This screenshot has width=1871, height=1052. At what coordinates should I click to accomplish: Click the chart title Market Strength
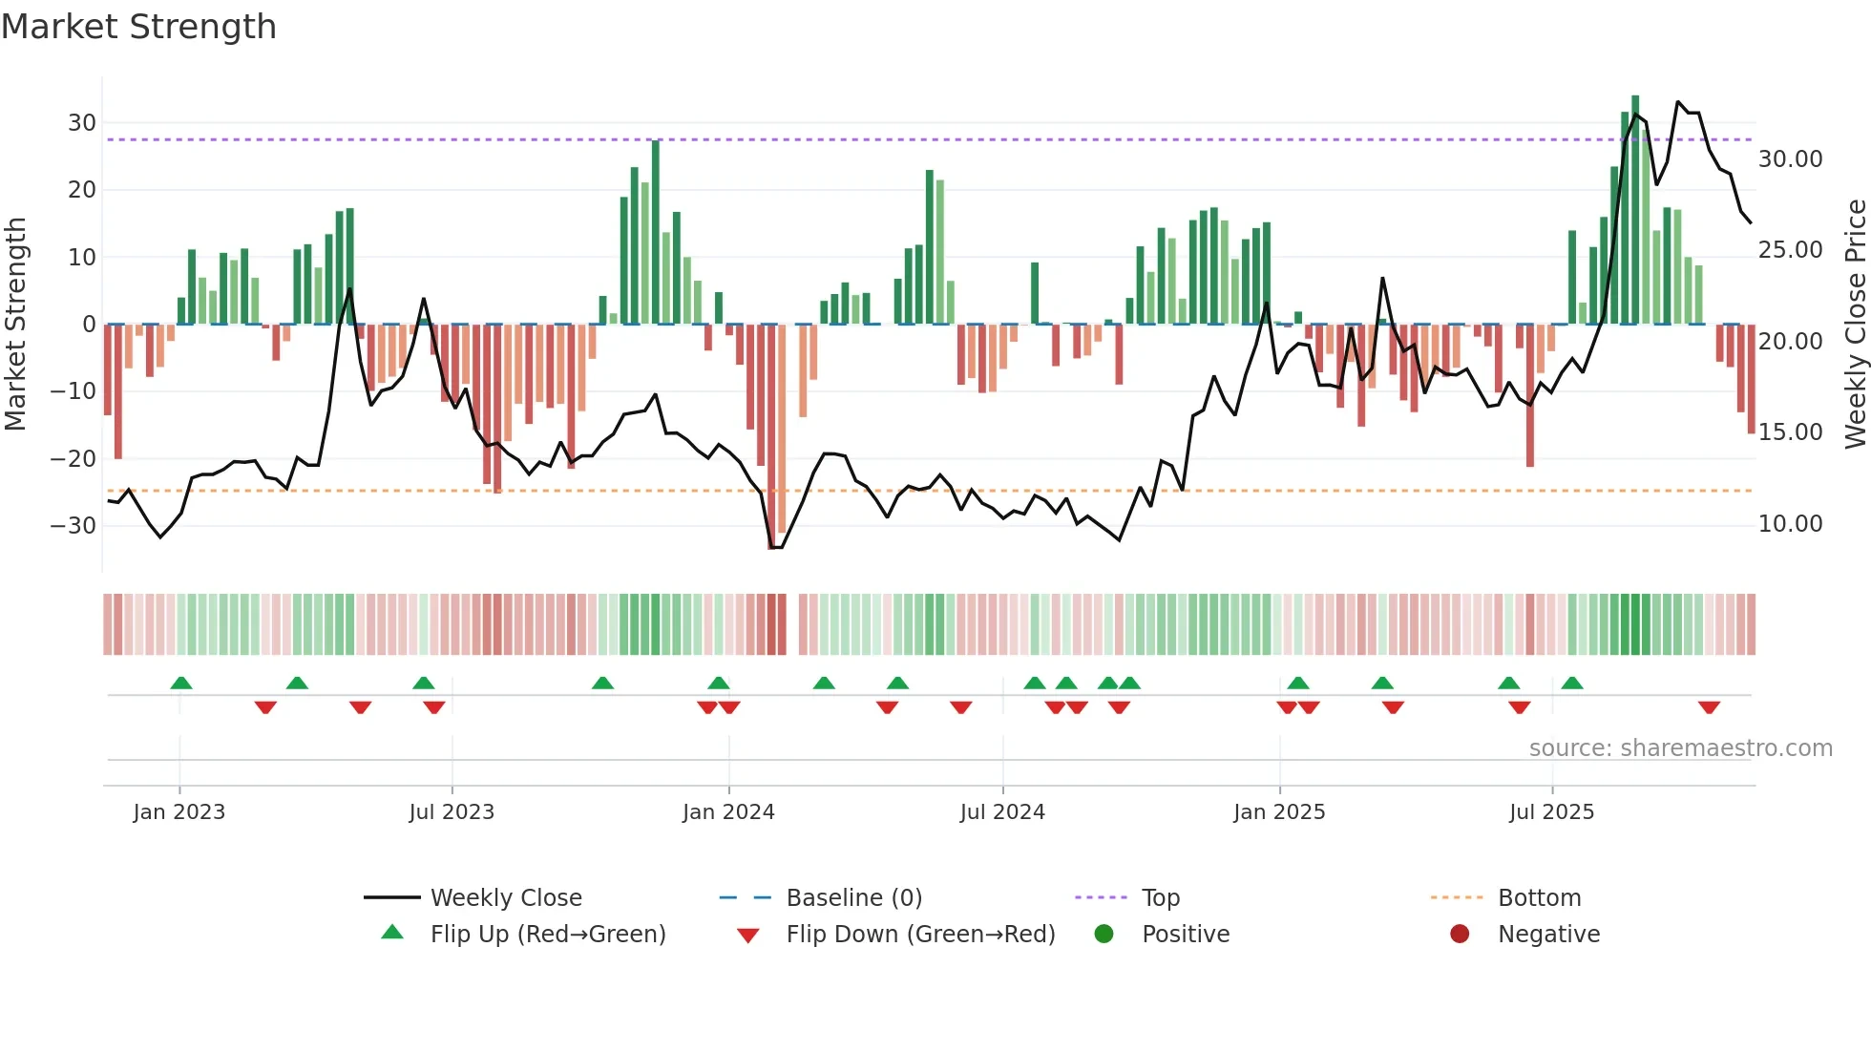click(138, 27)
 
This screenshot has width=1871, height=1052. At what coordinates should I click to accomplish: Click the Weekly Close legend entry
click(505, 898)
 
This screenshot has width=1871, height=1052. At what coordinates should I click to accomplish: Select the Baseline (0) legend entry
click(853, 898)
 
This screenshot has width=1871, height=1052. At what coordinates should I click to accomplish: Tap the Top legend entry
click(1160, 898)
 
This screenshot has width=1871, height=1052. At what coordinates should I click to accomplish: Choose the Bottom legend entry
click(1539, 898)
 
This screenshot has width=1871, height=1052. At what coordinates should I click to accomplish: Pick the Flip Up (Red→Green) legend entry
click(547, 935)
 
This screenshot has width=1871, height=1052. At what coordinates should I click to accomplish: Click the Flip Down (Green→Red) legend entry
click(920, 935)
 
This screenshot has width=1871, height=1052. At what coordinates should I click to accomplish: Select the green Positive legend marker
click(1104, 935)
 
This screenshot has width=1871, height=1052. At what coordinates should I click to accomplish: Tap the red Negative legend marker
click(1460, 935)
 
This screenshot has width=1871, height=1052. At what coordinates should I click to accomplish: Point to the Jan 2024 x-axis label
click(728, 812)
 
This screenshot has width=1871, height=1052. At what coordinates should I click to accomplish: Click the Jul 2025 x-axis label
click(1551, 812)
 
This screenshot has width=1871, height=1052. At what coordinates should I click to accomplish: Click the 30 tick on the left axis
click(82, 123)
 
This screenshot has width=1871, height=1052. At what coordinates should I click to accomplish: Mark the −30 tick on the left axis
click(74, 526)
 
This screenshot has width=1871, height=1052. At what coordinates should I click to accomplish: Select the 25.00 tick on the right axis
click(1790, 250)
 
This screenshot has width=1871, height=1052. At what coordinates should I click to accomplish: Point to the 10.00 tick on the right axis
click(1790, 524)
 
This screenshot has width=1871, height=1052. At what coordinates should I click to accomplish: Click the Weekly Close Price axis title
click(1855, 325)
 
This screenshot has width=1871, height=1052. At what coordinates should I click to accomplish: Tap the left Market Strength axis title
click(15, 325)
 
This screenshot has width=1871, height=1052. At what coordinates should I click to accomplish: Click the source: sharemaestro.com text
click(1680, 748)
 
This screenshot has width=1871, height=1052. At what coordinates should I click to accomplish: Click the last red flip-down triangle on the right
click(1709, 707)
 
